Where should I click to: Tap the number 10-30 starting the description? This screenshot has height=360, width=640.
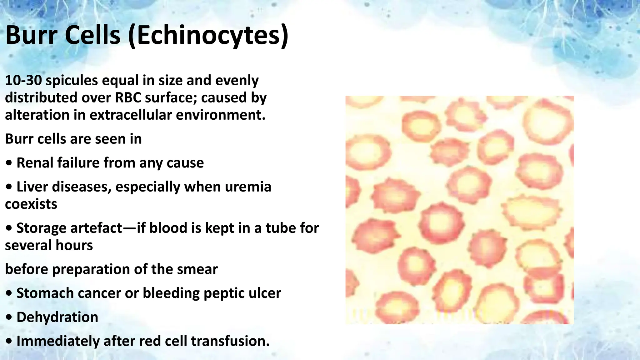[23, 80]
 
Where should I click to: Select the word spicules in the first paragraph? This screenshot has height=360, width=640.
[72, 81]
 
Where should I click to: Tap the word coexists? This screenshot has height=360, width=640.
[31, 204]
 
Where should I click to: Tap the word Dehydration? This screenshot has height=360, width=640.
[57, 317]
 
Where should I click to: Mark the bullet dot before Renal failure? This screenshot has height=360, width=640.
[9, 163]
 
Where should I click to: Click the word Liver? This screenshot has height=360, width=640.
[32, 187]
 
